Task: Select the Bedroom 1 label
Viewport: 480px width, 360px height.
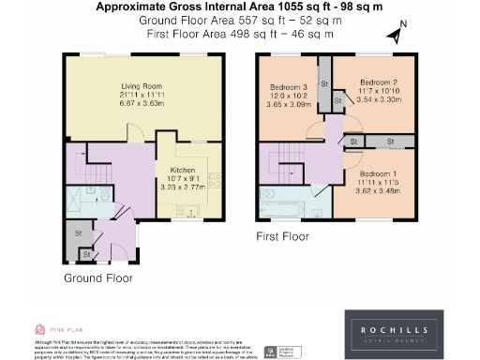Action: tap(380, 173)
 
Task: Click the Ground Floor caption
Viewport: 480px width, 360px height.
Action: tap(97, 278)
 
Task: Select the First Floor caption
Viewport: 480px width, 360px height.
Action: tap(282, 237)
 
